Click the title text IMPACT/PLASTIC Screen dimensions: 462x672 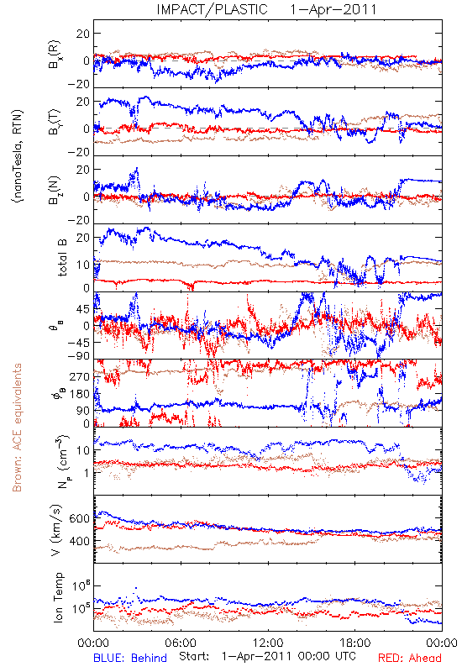tap(212, 9)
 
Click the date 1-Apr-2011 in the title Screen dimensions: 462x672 tap(333, 9)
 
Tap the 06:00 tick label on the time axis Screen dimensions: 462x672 tap(181, 643)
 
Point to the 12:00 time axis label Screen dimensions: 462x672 tap(268, 643)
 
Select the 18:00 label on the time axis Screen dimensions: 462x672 tap(355, 643)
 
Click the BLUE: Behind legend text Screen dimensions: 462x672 tap(130, 658)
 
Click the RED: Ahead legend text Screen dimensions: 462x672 tap(410, 658)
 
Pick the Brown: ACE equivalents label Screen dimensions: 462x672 tap(17, 428)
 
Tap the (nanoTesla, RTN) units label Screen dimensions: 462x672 tap(18, 155)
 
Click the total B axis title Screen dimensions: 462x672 tap(62, 258)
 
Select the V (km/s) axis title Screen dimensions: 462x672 tap(56, 530)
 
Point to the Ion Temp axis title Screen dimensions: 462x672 tap(58, 597)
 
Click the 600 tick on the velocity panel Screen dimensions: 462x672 tap(79, 518)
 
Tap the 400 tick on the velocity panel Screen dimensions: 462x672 tap(79, 541)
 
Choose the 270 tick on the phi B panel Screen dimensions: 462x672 tap(79, 376)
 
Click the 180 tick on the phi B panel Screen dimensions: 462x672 tap(79, 394)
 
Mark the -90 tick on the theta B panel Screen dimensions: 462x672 tap(78, 356)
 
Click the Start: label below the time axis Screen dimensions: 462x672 tap(194, 656)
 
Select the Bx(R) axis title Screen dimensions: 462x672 tap(55, 55)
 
